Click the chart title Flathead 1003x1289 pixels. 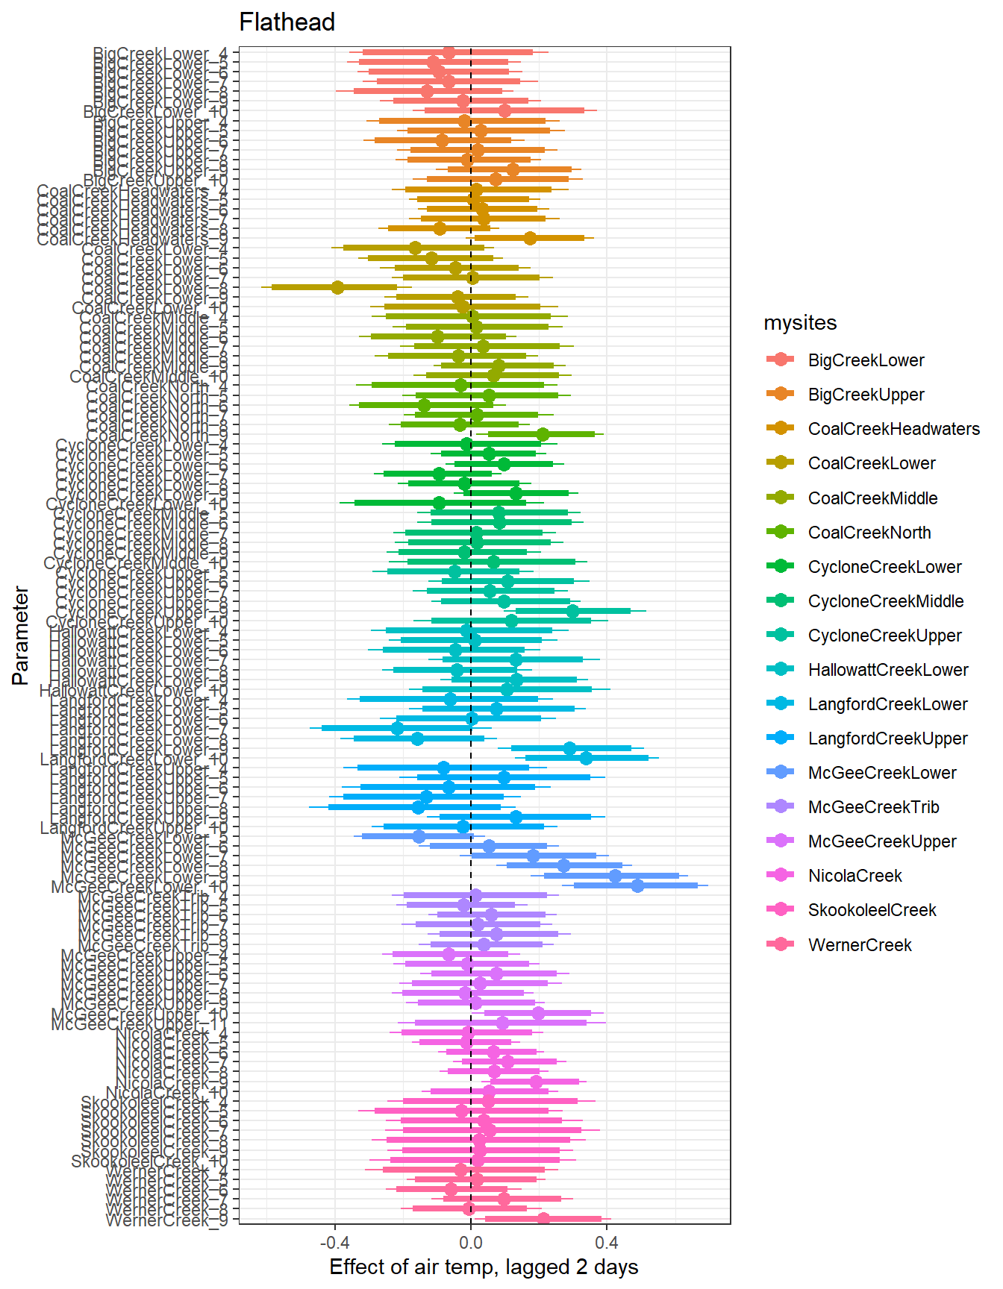(287, 22)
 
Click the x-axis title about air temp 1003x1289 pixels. (484, 1267)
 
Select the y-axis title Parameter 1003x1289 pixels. (21, 636)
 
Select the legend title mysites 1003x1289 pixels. (800, 323)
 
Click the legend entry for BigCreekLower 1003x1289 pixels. (866, 360)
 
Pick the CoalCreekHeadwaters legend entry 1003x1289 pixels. (893, 429)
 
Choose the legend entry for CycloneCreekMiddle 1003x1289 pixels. (885, 601)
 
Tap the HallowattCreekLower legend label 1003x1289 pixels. (887, 670)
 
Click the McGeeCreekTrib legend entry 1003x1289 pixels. (873, 807)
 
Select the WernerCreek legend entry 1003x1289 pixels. (860, 945)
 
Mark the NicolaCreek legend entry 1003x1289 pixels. (854, 876)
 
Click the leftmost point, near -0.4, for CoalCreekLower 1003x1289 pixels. (337, 287)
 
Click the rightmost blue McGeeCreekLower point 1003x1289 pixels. (637, 885)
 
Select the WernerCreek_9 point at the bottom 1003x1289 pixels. (543, 1219)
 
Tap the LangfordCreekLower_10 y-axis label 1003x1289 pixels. (134, 759)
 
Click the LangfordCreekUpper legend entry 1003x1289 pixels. (887, 738)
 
